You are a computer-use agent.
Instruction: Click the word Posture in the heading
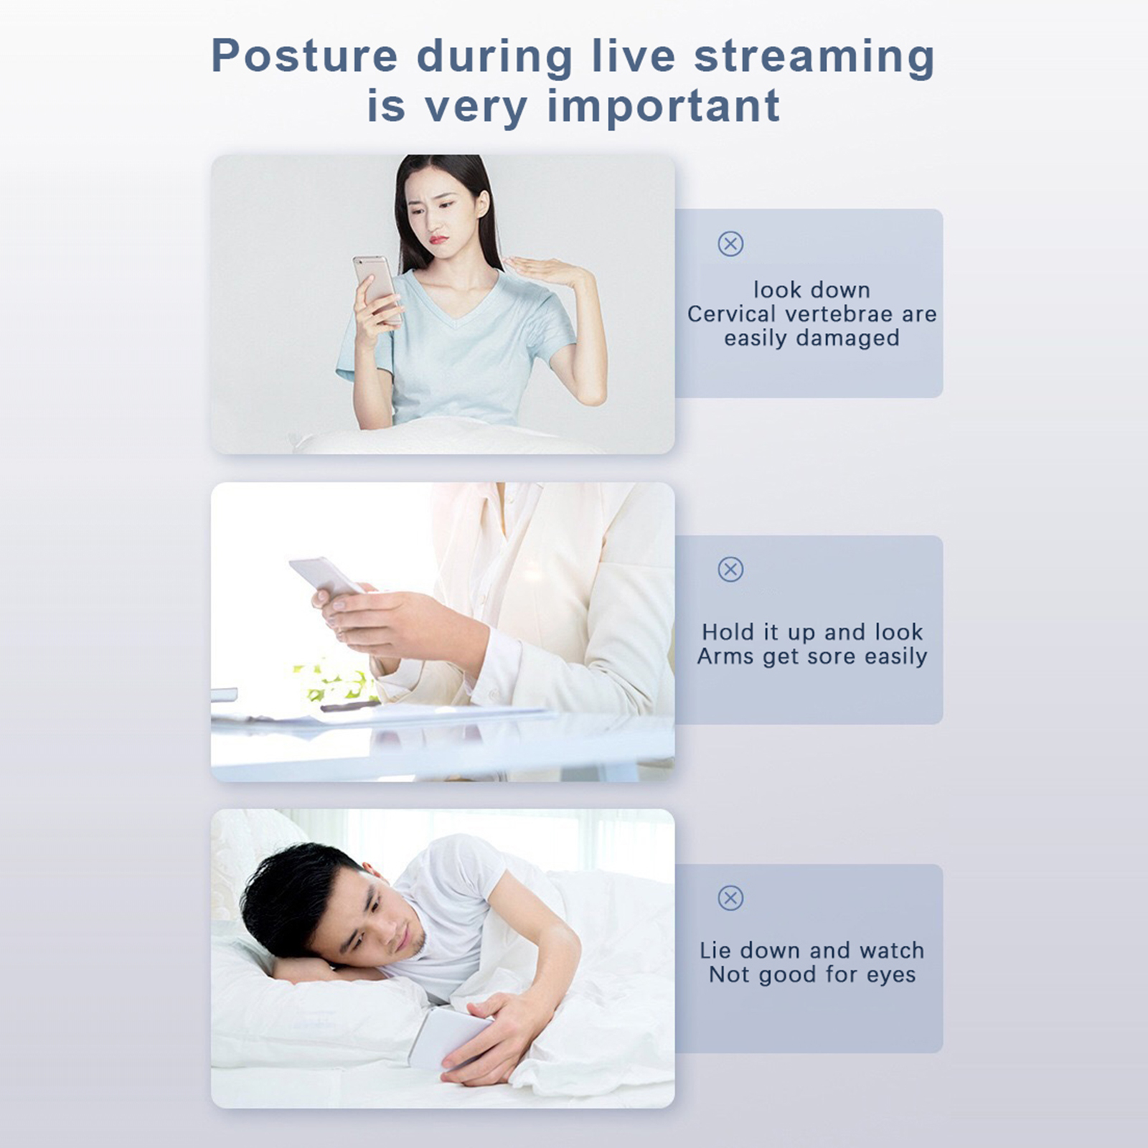(x=304, y=56)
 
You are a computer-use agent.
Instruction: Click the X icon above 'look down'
(x=730, y=244)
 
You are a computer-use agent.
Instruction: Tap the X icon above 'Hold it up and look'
(x=730, y=570)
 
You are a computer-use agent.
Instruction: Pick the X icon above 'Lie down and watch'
(x=730, y=898)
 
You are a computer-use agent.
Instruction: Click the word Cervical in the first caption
(x=732, y=314)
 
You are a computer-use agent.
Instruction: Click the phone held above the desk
(x=326, y=575)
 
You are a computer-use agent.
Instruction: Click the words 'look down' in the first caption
(x=811, y=290)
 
